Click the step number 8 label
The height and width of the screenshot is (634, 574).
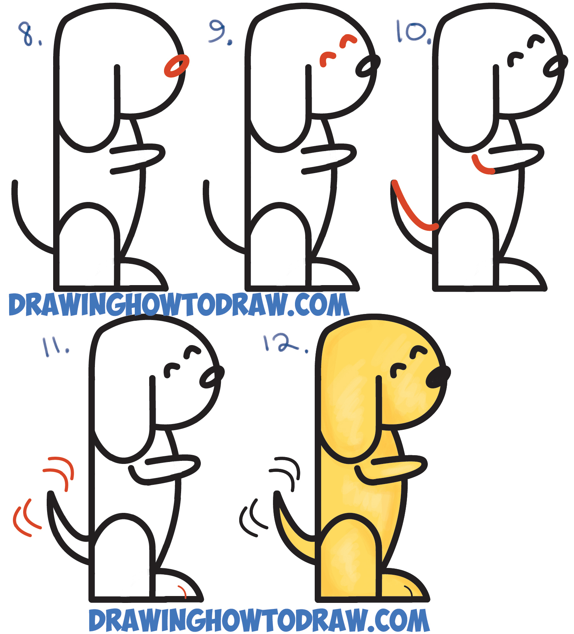(x=28, y=34)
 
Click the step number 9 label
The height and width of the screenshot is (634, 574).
(x=219, y=32)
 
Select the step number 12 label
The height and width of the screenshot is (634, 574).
(x=283, y=343)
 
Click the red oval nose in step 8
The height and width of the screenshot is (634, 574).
(x=177, y=66)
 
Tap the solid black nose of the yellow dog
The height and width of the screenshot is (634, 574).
(x=437, y=377)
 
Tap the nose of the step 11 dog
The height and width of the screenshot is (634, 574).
(x=211, y=377)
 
